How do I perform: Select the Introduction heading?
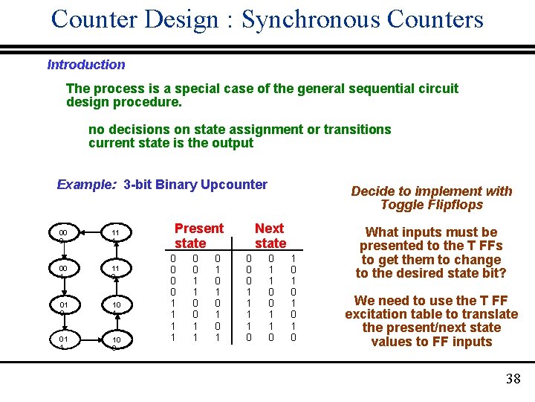(x=86, y=65)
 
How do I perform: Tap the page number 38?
(x=513, y=379)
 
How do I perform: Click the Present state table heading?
(x=198, y=235)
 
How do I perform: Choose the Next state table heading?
(x=270, y=235)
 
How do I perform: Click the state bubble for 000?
(x=64, y=235)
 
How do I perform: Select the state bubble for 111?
(x=116, y=235)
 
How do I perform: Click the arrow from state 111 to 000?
(x=90, y=235)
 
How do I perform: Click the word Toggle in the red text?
(x=401, y=205)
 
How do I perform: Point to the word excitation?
(x=376, y=314)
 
